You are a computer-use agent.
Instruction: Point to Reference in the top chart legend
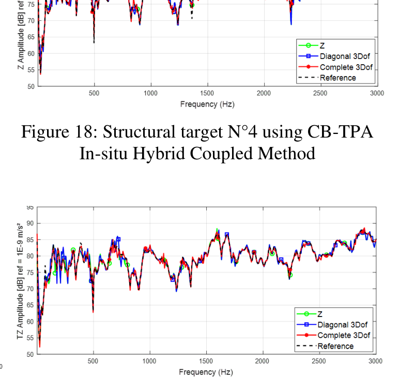click(338, 78)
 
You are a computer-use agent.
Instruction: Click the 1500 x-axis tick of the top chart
click(207, 94)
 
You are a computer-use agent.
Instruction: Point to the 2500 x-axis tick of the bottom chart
click(319, 362)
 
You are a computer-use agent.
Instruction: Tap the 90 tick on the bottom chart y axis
click(30, 223)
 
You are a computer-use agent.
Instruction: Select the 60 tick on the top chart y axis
click(30, 53)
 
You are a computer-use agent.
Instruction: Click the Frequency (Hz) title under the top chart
click(207, 104)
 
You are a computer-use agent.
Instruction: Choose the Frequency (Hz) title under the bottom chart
click(206, 372)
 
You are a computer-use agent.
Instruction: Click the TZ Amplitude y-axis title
click(20, 279)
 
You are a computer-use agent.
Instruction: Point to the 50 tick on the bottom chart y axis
click(30, 354)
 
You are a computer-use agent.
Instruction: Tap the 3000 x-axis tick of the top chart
click(377, 94)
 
